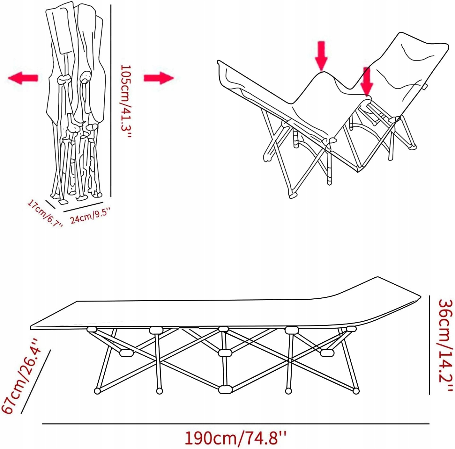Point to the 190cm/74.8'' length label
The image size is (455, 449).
click(x=235, y=438)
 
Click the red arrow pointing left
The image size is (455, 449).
click(x=23, y=78)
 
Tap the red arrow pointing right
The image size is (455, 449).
click(x=159, y=78)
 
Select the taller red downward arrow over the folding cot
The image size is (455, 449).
click(x=321, y=55)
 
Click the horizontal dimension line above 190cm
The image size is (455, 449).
click(x=235, y=424)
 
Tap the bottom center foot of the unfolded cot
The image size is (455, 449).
click(x=225, y=389)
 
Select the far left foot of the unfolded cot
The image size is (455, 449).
click(x=97, y=391)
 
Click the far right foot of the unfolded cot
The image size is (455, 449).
click(x=356, y=391)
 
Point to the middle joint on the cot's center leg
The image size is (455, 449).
click(x=225, y=353)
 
